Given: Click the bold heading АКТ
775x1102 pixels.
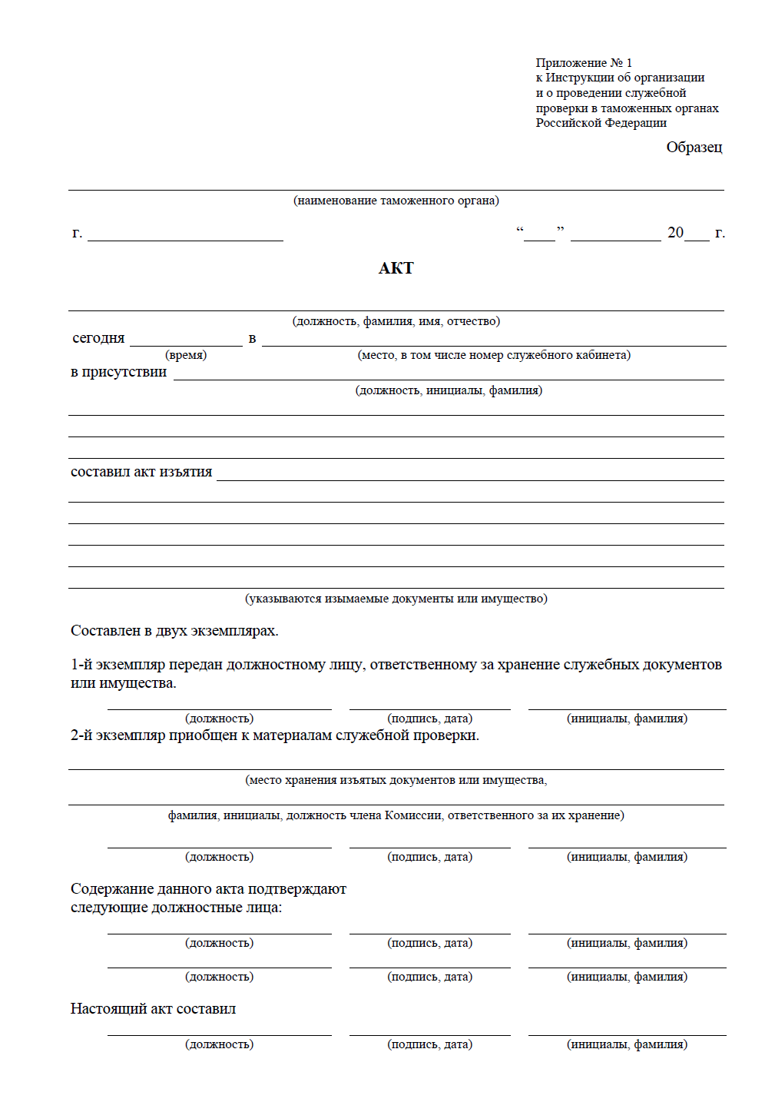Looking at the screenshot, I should tap(396, 268).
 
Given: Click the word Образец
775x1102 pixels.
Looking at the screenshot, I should tap(694, 148).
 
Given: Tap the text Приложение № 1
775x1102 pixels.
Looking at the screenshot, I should tap(584, 63).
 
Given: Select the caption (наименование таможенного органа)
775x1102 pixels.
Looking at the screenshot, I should tap(396, 201).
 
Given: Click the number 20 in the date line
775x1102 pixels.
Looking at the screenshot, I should tap(675, 233).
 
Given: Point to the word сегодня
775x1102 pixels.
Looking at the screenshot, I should tap(98, 338).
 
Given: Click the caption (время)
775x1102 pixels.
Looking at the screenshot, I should tap(186, 355).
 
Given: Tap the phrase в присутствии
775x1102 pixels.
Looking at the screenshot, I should tap(118, 372).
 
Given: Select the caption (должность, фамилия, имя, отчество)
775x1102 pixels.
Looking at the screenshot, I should tap(396, 321).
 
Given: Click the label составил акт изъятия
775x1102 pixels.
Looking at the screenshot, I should tap(141, 472).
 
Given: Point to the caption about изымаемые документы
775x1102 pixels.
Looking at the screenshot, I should tap(396, 599).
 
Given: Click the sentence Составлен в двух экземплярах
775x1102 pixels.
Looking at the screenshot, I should tap(174, 631).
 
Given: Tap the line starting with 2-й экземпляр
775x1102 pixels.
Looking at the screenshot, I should tap(274, 735).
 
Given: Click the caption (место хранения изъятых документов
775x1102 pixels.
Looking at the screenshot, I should tap(396, 780).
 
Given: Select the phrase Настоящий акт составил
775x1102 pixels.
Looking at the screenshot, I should tap(153, 1009).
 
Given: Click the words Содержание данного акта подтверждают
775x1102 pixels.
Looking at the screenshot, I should tap(208, 889).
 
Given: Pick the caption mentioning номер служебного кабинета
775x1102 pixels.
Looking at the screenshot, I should tap(494, 355).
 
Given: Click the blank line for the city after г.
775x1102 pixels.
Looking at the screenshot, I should tap(185, 235).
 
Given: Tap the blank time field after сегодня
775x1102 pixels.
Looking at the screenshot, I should tap(186, 340).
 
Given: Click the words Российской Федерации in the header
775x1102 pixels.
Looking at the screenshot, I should tap(601, 123).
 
